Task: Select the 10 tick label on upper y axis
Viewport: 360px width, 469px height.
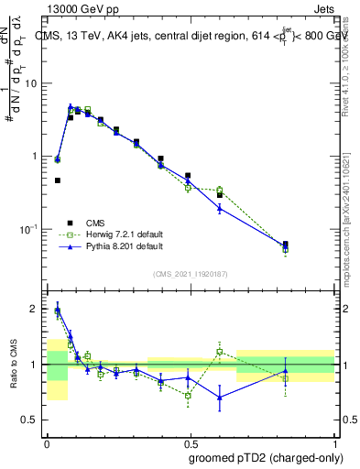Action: [31, 83]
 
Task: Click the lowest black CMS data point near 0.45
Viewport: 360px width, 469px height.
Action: [58, 180]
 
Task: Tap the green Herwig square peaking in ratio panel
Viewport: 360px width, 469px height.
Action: [219, 352]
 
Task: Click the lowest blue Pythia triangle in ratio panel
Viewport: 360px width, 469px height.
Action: [219, 397]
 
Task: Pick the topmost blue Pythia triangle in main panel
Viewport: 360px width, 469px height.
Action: [71, 107]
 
